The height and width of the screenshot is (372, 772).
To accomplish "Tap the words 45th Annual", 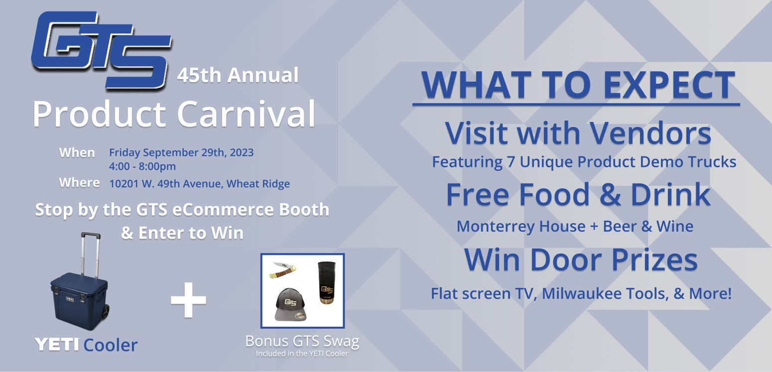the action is point(238,75).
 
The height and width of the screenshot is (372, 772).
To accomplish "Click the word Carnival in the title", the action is point(246,114).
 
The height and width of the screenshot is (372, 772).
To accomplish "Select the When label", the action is point(77,152).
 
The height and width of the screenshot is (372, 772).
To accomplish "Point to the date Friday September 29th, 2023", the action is point(181,152).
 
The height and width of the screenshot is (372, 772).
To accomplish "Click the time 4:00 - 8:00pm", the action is point(142,166).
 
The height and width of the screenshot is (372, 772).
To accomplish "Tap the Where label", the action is point(79,183).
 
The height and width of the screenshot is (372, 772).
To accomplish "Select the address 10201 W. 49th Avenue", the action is point(165,184).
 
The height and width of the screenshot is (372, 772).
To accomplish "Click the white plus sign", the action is point(189,300).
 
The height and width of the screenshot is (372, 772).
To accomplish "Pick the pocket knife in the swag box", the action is point(283,270).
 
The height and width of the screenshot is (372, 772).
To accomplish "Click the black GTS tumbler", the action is point(326,282).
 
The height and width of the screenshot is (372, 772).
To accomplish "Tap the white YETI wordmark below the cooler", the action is point(57,345).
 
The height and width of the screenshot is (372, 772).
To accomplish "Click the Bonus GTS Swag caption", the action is point(302,342).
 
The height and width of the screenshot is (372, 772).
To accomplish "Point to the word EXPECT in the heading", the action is point(669,85).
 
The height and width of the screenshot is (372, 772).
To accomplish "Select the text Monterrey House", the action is point(521,227).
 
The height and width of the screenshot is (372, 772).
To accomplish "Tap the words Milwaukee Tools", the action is point(605,294).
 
